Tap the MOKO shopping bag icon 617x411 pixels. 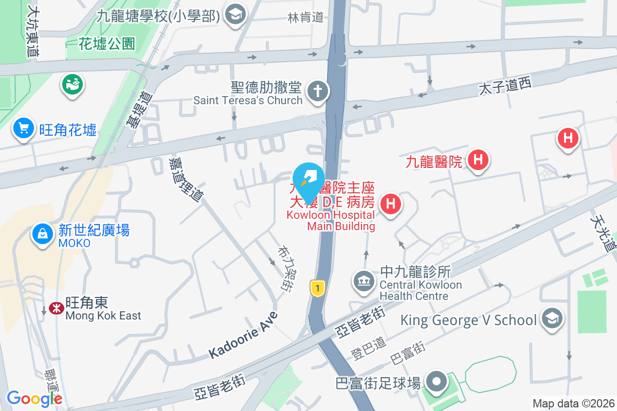43,234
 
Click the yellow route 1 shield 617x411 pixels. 318,288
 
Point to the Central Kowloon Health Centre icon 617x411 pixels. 364,281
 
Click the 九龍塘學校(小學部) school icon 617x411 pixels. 236,14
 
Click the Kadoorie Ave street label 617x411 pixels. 243,335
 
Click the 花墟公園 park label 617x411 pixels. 107,44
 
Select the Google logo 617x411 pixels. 34,398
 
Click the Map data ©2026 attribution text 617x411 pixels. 573,403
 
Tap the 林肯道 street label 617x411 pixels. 305,17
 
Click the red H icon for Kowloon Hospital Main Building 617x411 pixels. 391,204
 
